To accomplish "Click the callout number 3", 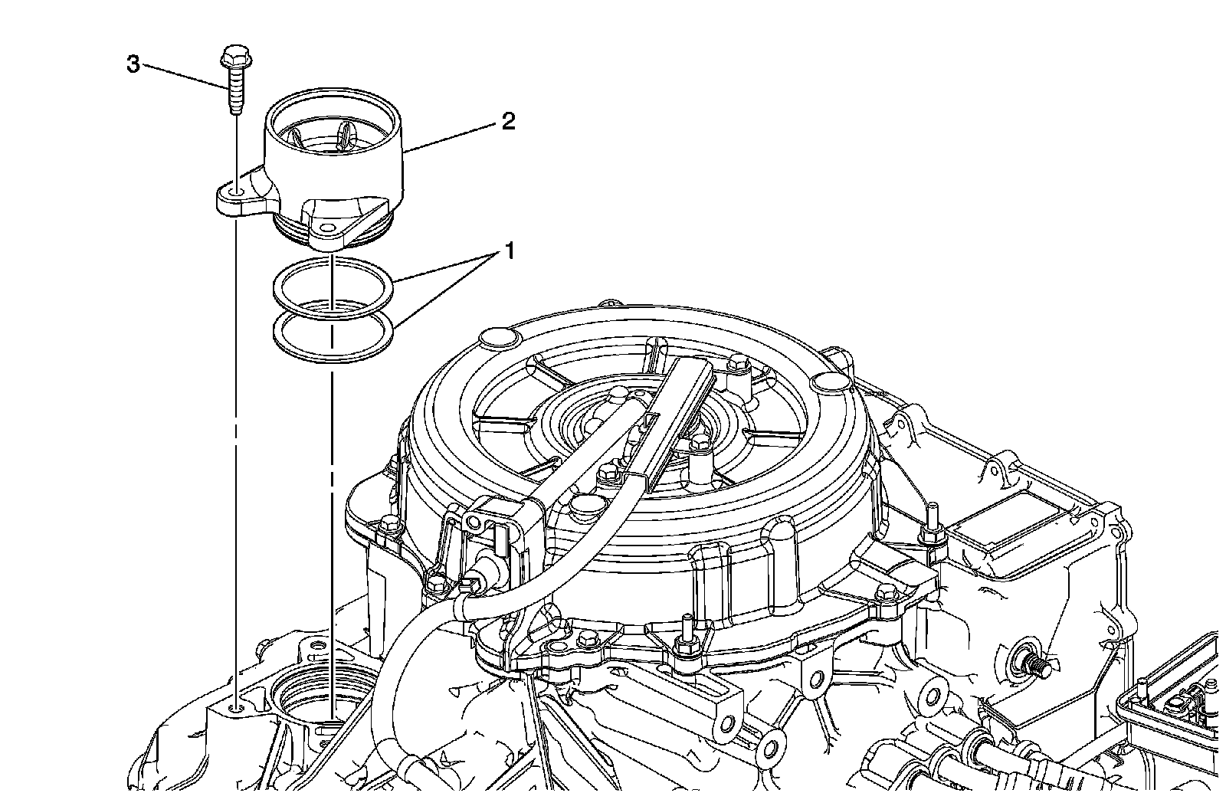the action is tap(133, 65).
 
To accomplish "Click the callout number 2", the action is tap(508, 121).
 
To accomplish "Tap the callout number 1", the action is tap(508, 251).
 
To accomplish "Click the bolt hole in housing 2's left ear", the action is tap(236, 191).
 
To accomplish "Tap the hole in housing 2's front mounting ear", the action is tap(329, 228).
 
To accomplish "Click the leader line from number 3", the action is tap(184, 78).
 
